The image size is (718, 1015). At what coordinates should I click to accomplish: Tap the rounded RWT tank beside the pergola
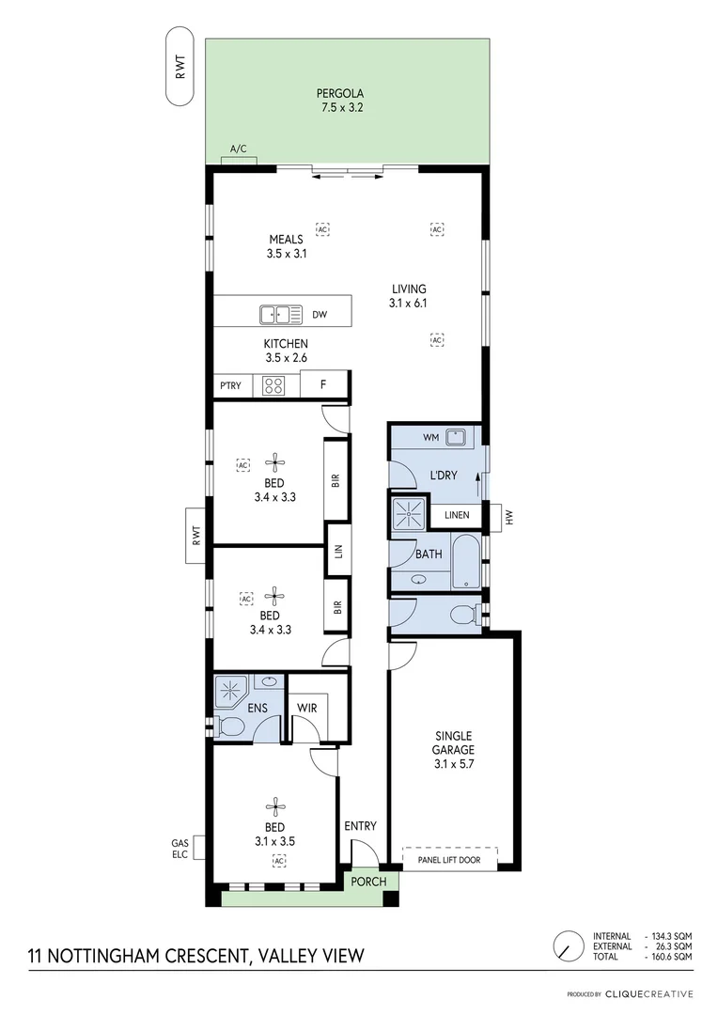click(x=179, y=67)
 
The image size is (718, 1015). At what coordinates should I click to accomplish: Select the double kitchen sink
click(x=280, y=315)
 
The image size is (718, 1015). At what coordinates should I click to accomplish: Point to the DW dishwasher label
click(x=320, y=316)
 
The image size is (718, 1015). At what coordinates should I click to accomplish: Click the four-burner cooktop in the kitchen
click(x=274, y=384)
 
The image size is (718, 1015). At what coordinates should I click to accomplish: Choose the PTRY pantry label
click(x=230, y=385)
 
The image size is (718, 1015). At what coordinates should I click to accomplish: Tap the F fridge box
click(x=323, y=384)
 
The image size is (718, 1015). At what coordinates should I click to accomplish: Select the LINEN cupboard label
click(x=456, y=515)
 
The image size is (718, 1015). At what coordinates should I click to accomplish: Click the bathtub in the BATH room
click(x=466, y=562)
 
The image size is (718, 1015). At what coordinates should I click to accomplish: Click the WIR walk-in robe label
click(x=306, y=707)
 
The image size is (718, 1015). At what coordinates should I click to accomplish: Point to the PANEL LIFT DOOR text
click(x=448, y=859)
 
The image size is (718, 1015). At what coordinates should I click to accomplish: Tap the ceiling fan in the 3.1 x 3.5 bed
click(x=274, y=805)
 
